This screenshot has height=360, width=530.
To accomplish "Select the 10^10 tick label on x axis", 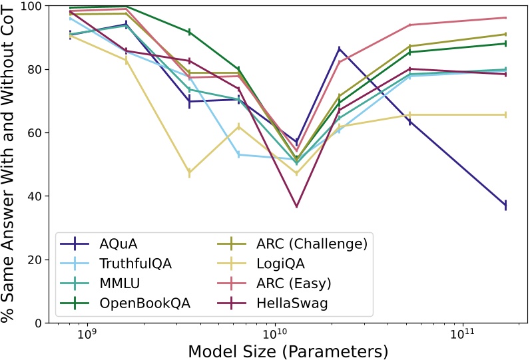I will pyautogui.click(x=274, y=335).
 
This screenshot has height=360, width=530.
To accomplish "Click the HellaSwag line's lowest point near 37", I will pyautogui.click(x=296, y=207).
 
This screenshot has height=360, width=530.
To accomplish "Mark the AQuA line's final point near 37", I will pyautogui.click(x=506, y=206).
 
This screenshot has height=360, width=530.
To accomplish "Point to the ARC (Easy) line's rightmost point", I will pyautogui.click(x=506, y=18).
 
